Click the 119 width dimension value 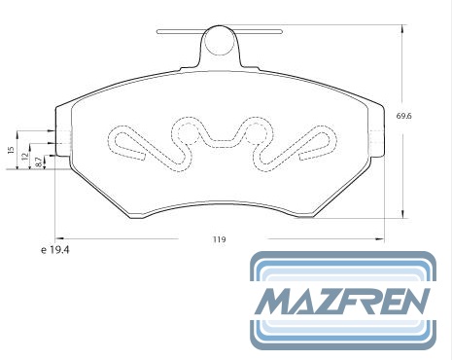pos(220,239)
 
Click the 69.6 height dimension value pos(404,116)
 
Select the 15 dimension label pos(11,150)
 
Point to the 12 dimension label pos(24,157)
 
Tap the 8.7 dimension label pos(38,162)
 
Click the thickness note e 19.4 pos(55,250)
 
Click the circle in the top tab pos(220,41)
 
